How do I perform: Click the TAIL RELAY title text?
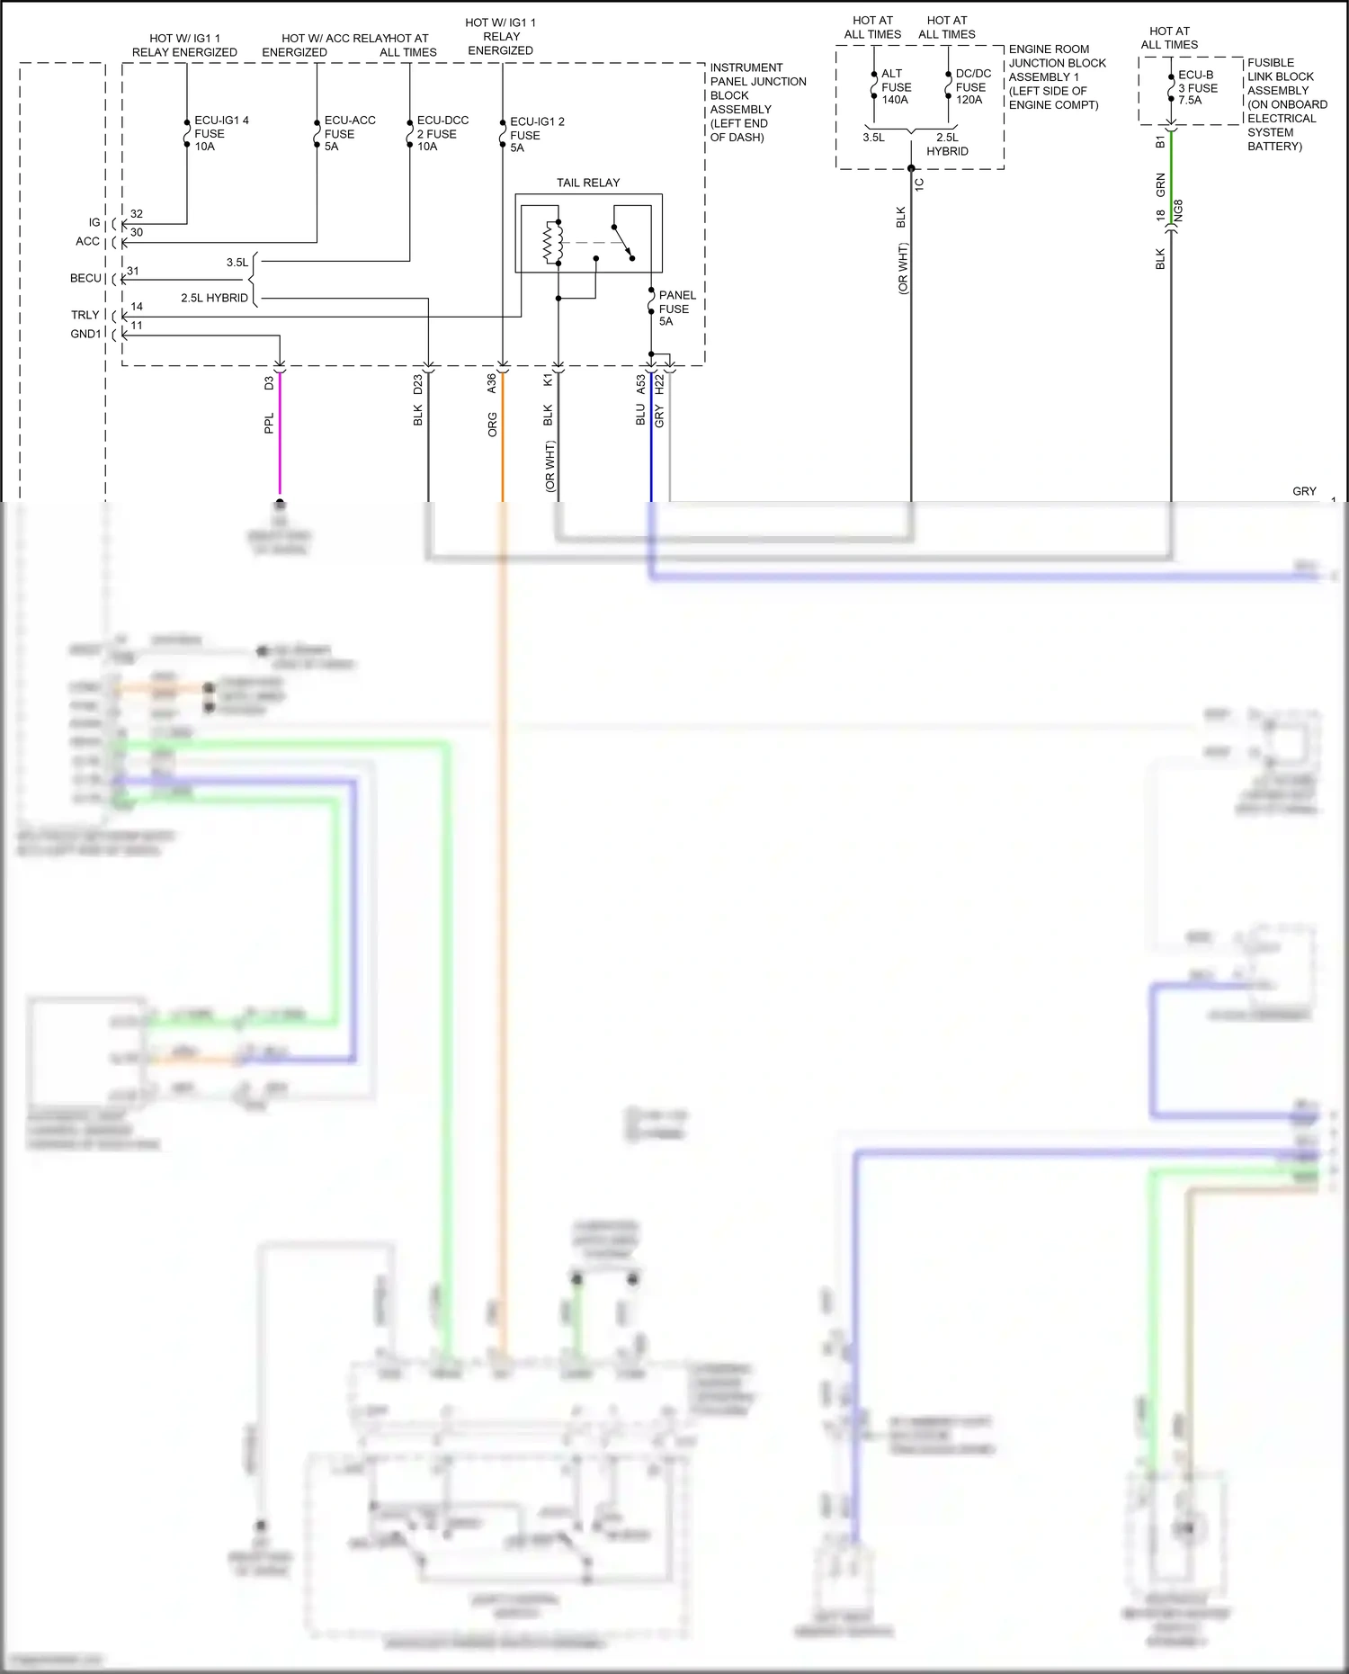(588, 183)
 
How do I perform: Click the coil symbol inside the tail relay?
(551, 243)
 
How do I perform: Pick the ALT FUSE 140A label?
(895, 86)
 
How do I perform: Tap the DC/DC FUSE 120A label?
(972, 86)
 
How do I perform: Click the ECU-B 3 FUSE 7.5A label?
(1197, 87)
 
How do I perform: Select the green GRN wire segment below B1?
(1171, 184)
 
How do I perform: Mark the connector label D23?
(418, 384)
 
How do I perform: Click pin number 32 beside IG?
(137, 214)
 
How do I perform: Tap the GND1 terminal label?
(86, 334)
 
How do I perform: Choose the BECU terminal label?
(86, 278)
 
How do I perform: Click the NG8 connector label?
(1179, 211)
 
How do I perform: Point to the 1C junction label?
(919, 184)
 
